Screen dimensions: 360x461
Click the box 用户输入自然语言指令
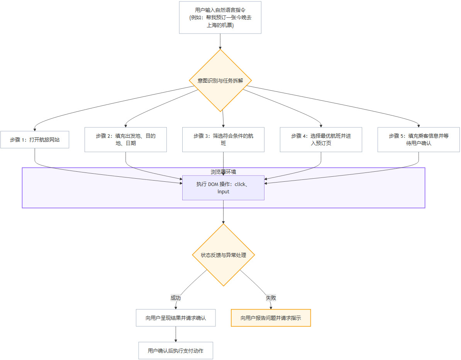[x=220, y=17]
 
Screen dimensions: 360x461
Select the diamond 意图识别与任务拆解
[x=220, y=80]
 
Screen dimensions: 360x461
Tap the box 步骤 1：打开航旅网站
[x=35, y=140]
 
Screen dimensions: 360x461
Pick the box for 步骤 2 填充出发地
[x=125, y=140]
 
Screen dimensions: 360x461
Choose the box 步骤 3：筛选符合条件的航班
[x=223, y=140]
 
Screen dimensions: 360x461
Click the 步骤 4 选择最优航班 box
[x=321, y=140]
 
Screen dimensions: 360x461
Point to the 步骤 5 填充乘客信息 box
[x=419, y=140]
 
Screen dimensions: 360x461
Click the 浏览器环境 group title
[x=223, y=172]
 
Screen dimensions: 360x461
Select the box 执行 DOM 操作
[x=223, y=188]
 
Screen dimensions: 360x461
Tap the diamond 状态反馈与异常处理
[x=224, y=255]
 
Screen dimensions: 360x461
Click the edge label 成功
[x=176, y=298]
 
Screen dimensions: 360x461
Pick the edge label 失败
[x=271, y=298]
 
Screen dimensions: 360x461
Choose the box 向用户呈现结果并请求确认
[x=176, y=318]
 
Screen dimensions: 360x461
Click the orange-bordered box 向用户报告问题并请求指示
[x=271, y=318]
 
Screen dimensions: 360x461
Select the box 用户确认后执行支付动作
[x=176, y=351]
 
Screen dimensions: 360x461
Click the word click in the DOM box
[x=240, y=184]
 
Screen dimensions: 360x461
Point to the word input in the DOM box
[x=223, y=192]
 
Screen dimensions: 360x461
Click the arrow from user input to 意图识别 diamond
[x=220, y=41]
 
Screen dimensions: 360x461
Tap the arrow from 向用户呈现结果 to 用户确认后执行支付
[x=176, y=334]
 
